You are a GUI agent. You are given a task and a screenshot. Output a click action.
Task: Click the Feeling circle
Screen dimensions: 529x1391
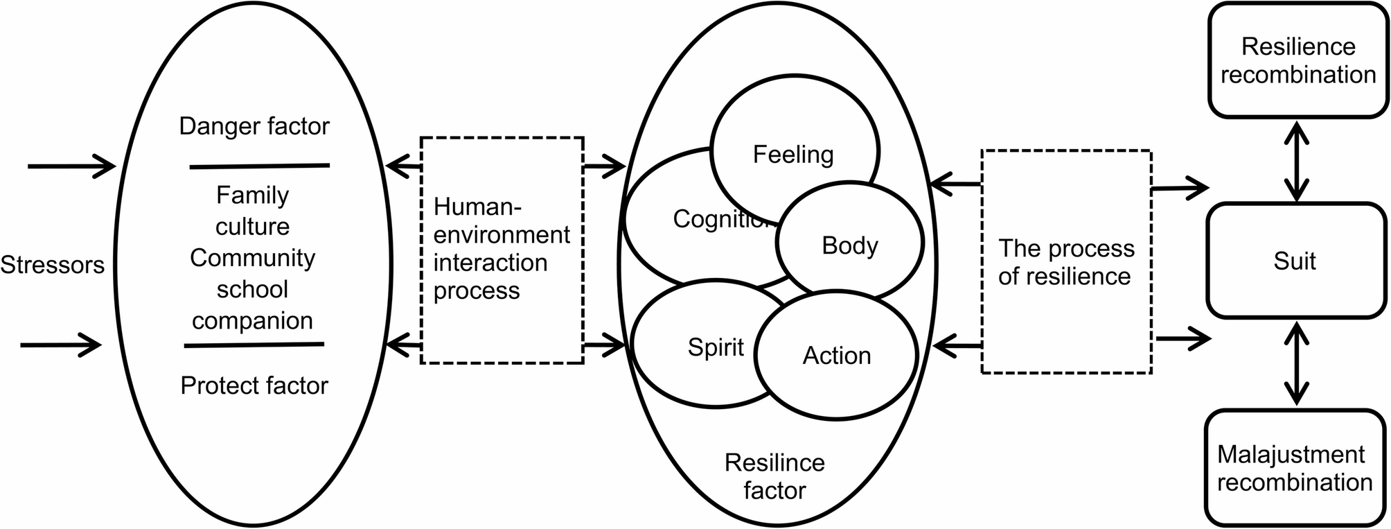pyautogui.click(x=794, y=154)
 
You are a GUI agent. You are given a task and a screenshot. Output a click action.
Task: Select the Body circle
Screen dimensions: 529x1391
pyautogui.click(x=850, y=245)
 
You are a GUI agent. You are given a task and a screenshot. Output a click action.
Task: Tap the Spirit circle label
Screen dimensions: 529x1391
pyautogui.click(x=716, y=347)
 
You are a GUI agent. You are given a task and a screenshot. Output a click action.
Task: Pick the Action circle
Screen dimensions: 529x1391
pyautogui.click(x=836, y=356)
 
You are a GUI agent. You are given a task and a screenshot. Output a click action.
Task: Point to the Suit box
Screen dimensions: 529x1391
pyautogui.click(x=1295, y=261)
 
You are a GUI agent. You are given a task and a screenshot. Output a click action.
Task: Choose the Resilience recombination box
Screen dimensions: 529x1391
pyautogui.click(x=1298, y=61)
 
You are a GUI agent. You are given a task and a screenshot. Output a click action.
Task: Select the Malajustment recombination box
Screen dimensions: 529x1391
pyautogui.click(x=1295, y=469)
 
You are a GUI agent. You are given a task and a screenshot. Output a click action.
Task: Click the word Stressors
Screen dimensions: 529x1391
pyautogui.click(x=52, y=264)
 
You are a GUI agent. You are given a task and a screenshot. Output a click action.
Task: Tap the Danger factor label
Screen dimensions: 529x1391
pyautogui.click(x=254, y=126)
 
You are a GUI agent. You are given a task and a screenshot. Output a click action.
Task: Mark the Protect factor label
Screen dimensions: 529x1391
pyautogui.click(x=254, y=385)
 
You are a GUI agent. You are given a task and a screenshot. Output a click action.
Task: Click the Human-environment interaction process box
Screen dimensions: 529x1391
pyautogui.click(x=502, y=250)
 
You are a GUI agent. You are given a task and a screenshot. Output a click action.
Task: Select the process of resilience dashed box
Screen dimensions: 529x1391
pyautogui.click(x=1066, y=262)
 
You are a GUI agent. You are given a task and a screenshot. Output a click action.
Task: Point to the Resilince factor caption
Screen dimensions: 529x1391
pyautogui.click(x=774, y=476)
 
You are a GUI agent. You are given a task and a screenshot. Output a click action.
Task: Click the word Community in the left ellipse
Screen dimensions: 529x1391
pyautogui.click(x=253, y=258)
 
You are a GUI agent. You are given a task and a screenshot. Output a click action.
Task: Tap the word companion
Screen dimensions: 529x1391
pyautogui.click(x=253, y=321)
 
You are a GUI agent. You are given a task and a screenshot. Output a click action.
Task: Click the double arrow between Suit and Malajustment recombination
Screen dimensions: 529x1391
pyautogui.click(x=1296, y=364)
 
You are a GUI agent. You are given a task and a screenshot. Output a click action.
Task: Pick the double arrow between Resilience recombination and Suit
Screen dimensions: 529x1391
pyautogui.click(x=1296, y=161)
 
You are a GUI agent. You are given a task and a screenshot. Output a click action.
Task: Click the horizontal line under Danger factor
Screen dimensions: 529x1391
pyautogui.click(x=260, y=166)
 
